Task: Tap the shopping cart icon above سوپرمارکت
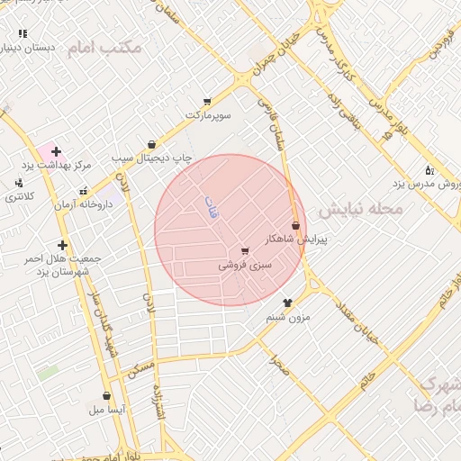[x=208, y=102]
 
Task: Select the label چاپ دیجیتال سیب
[x=152, y=157]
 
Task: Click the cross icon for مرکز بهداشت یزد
[x=57, y=151]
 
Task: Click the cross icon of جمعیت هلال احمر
[x=62, y=245]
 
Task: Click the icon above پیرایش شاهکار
[x=295, y=225]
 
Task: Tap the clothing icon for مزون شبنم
[x=287, y=303]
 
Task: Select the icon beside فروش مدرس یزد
[x=429, y=170]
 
